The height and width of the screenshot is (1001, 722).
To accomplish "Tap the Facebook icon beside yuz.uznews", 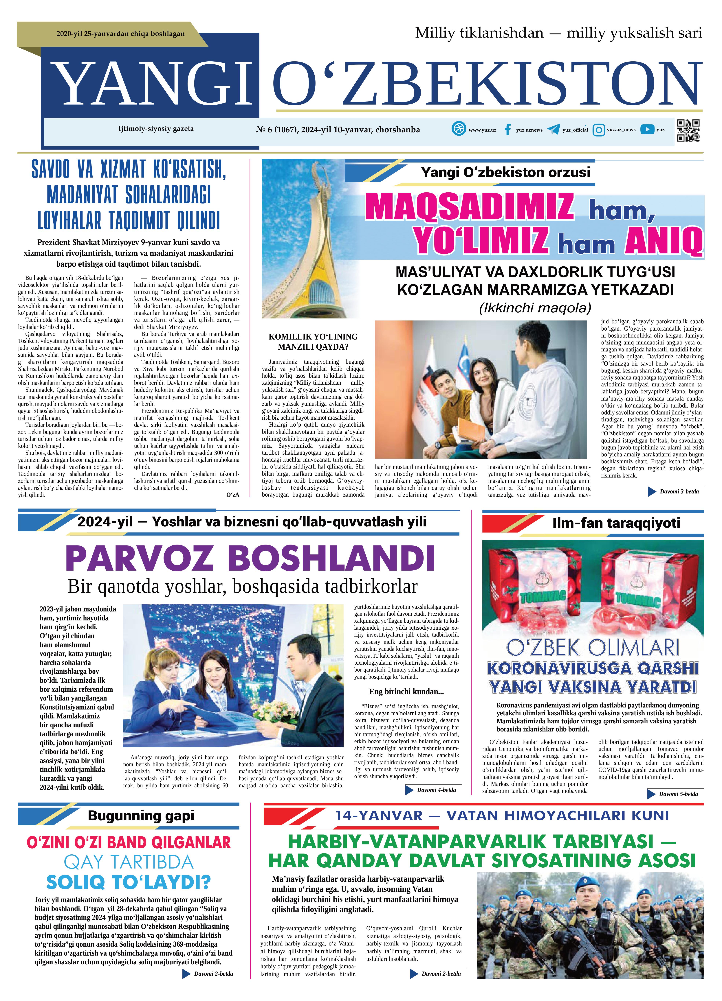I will coord(508,130).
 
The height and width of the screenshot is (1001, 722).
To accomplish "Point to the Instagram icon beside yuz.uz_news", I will coord(598,130).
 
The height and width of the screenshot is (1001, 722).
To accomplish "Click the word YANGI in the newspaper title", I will coord(150,82).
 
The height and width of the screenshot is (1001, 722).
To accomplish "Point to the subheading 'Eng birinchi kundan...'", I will coord(406,692).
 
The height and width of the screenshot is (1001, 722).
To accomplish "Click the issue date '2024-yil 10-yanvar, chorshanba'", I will coord(360,130).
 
